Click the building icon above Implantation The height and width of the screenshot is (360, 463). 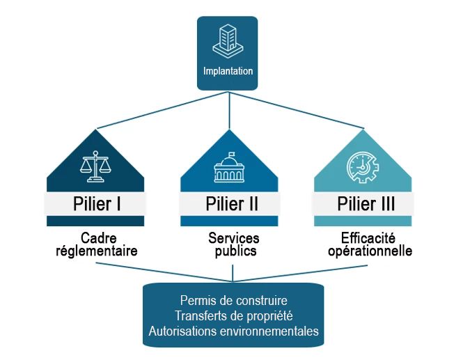click(227, 40)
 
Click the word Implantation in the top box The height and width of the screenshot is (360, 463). click(228, 71)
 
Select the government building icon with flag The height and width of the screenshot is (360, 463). click(231, 168)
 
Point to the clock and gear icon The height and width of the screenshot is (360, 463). click(363, 167)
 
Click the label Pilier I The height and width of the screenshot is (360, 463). click(96, 204)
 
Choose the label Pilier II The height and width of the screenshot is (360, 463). click(232, 204)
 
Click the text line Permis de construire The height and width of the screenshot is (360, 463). click(233, 301)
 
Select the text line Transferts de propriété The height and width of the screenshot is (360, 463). click(233, 316)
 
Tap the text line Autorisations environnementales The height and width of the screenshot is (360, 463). click(233, 331)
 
